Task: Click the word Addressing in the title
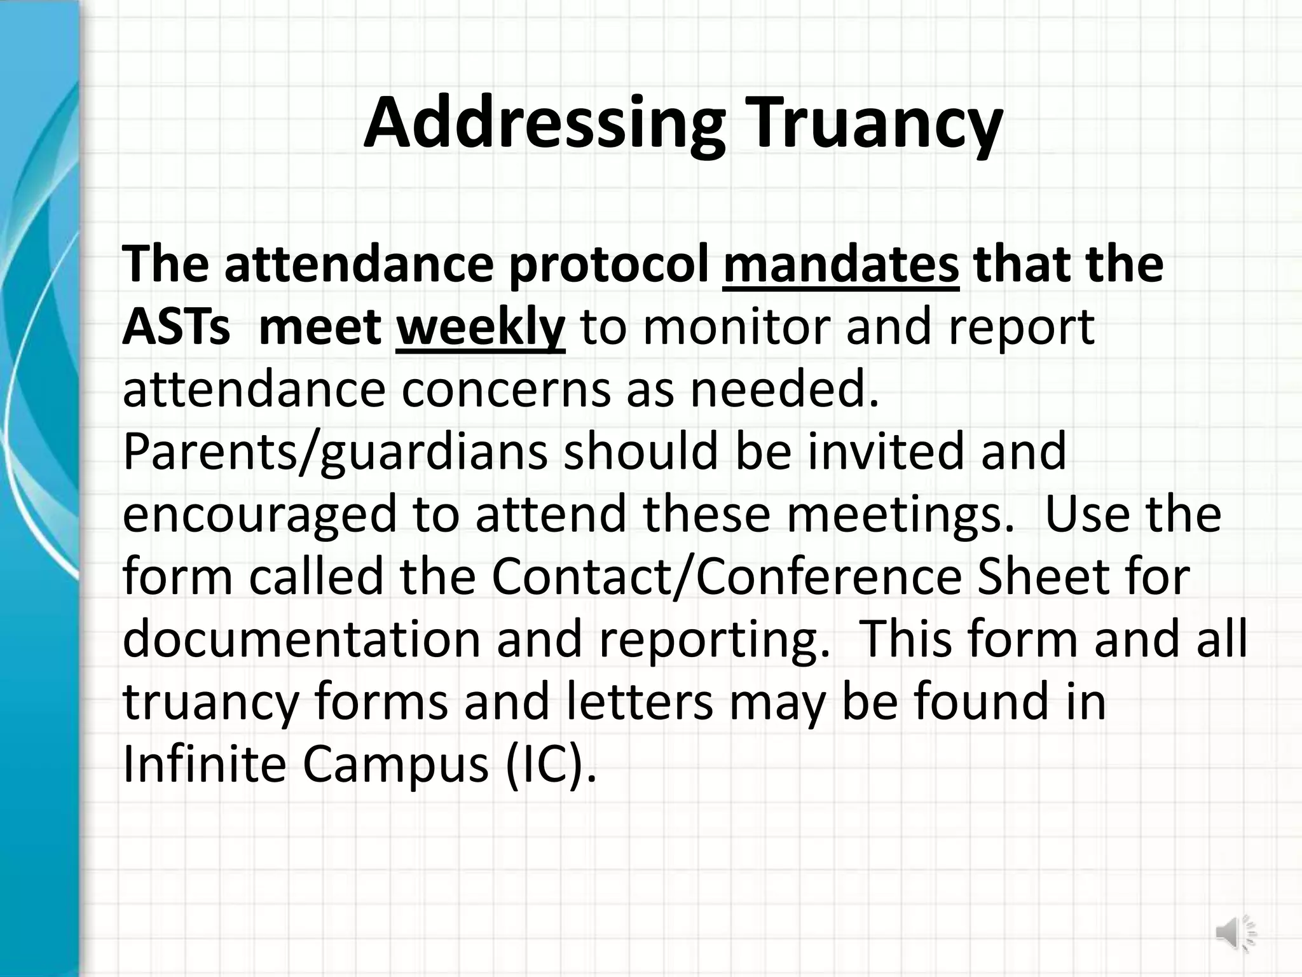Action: pos(544,124)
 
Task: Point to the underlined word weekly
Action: pos(480,328)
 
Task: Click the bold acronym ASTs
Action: pos(176,328)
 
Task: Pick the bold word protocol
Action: pos(608,266)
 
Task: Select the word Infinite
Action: pos(204,764)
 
